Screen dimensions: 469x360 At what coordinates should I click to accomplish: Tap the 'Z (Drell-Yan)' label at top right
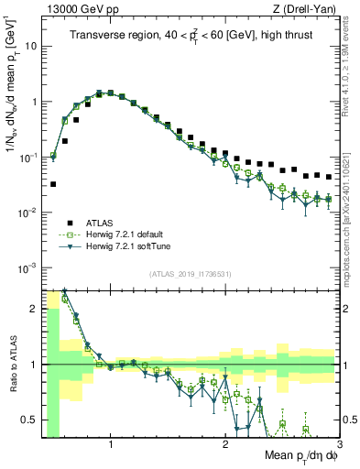click(x=307, y=9)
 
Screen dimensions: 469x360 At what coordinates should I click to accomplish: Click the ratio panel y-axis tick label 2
click(x=32, y=308)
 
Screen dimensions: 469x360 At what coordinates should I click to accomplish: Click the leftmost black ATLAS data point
click(x=53, y=184)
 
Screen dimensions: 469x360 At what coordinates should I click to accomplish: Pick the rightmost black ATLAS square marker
click(x=329, y=177)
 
